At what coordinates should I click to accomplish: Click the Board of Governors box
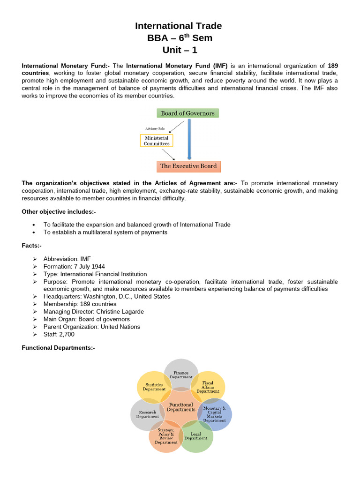(187, 113)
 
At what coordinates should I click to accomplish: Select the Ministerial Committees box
(157, 141)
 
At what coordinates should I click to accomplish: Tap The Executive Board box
(188, 166)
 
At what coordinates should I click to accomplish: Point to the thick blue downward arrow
(189, 139)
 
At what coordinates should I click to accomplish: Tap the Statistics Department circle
(154, 387)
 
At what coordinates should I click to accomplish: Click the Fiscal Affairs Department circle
(208, 387)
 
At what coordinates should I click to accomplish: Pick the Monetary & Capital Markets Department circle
(215, 414)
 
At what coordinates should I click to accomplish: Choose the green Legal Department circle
(196, 436)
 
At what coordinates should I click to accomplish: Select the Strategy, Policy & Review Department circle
(166, 436)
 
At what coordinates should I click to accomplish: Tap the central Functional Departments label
(181, 407)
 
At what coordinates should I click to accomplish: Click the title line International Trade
(178, 26)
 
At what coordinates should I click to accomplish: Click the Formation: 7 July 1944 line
(74, 266)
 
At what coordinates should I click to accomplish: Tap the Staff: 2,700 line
(59, 334)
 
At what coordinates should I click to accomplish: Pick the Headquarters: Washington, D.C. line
(107, 296)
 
